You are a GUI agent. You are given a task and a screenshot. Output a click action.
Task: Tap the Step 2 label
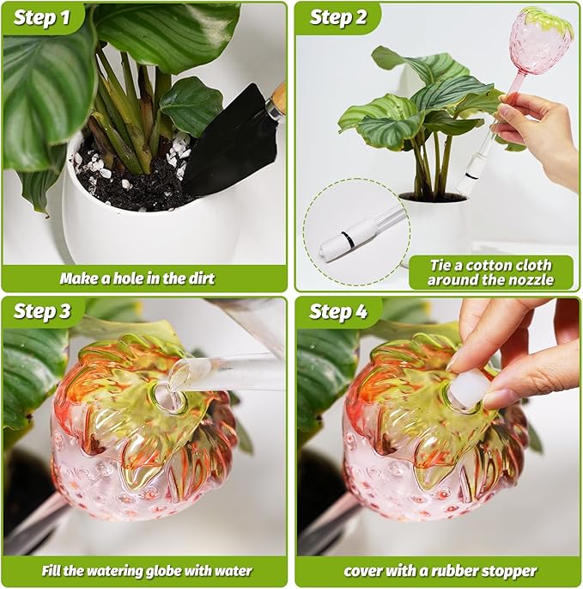click(x=337, y=18)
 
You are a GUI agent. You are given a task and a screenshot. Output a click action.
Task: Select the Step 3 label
click(x=41, y=312)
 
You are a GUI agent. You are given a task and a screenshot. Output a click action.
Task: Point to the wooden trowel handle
click(x=276, y=101)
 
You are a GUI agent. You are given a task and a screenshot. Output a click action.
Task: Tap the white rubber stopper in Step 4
click(x=468, y=389)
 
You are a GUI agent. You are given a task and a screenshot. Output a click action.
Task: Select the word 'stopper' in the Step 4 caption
click(x=507, y=571)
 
